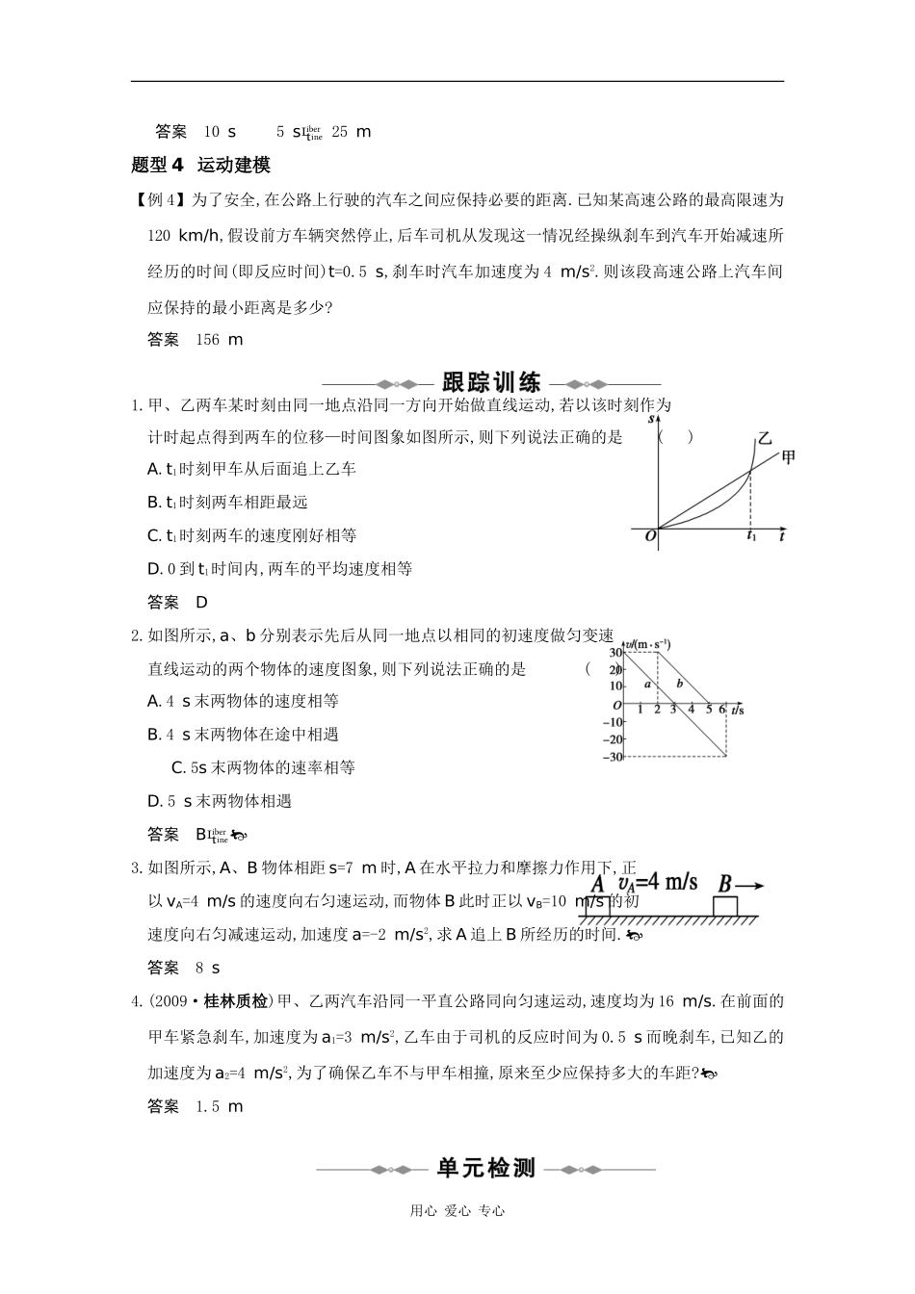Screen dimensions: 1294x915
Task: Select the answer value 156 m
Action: [x=219, y=340]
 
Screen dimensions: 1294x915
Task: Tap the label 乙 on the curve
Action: [x=764, y=438]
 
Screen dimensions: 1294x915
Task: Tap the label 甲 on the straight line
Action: [x=788, y=457]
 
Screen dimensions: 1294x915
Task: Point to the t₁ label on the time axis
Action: [x=751, y=537]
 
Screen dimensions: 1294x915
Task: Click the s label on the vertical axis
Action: [x=652, y=420]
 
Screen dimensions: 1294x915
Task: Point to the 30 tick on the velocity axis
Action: [x=614, y=654]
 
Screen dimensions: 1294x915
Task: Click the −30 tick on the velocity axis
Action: [x=612, y=757]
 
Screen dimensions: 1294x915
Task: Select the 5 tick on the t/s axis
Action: [x=708, y=711]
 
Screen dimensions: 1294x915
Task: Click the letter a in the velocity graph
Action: [x=649, y=685]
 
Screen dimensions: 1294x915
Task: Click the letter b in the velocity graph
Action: [x=680, y=684]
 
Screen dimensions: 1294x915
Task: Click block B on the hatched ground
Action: [x=724, y=906]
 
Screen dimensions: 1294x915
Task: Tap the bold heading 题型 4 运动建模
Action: [x=200, y=166]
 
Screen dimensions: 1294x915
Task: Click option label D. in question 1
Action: [x=154, y=569]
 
